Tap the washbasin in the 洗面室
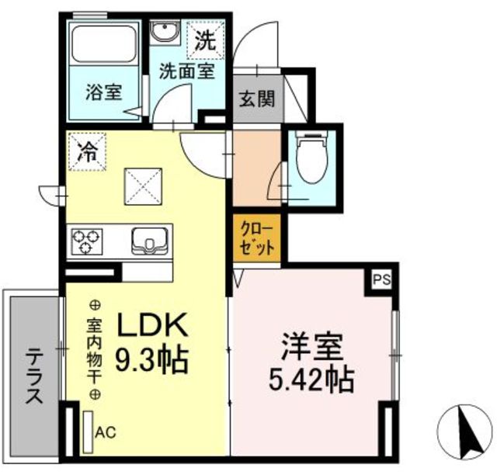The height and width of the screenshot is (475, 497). tap(165, 31)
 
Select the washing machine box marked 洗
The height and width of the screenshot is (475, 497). tap(205, 40)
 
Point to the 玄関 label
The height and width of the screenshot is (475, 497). tap(257, 99)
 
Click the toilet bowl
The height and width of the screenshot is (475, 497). tap(312, 156)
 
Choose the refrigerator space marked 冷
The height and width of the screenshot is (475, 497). tap(87, 152)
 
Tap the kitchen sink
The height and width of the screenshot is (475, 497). tap(149, 241)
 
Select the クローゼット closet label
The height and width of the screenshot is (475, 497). tap(257, 238)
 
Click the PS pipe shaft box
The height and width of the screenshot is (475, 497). tap(381, 280)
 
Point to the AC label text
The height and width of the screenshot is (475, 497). tap(106, 432)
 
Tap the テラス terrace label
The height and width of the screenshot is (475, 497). tap(34, 375)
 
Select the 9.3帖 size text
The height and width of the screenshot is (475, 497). tap(152, 360)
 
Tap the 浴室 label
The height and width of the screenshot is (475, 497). tap(103, 92)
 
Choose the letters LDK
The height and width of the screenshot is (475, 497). tap(152, 324)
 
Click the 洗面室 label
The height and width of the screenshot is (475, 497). tap(187, 71)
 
